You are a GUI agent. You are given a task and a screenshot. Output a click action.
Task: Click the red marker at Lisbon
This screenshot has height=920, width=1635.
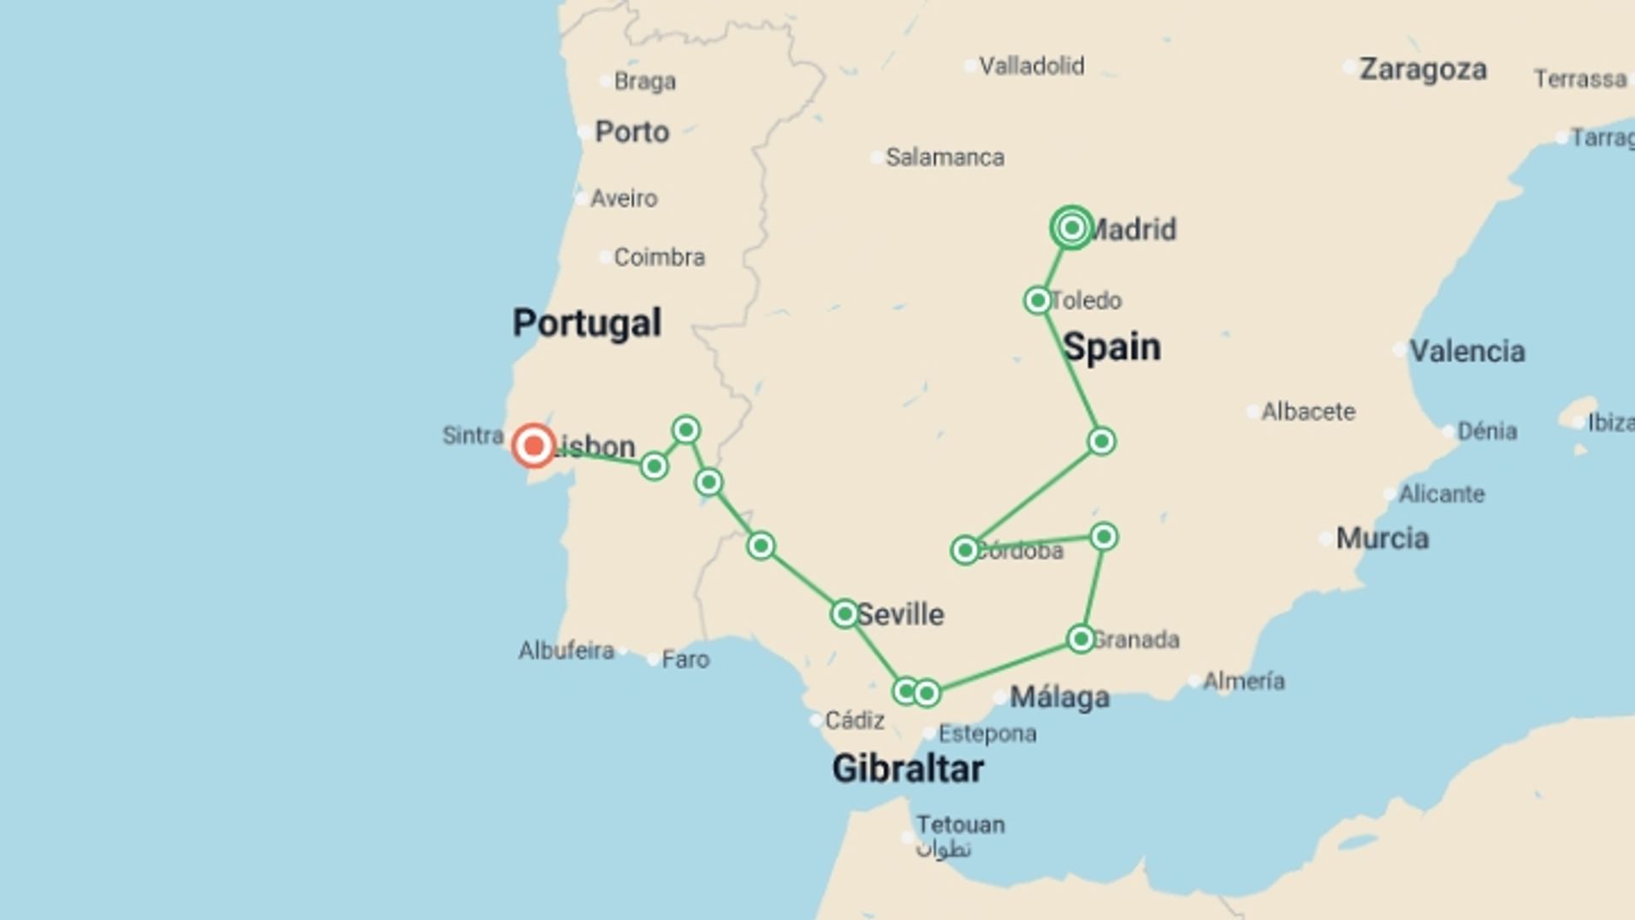tap(534, 446)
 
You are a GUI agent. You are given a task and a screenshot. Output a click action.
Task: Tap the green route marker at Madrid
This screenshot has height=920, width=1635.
tap(1071, 227)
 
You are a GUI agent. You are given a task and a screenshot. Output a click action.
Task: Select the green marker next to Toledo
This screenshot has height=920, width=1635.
tap(1037, 300)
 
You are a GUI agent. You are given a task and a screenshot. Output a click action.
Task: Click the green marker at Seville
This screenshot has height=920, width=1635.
tap(844, 613)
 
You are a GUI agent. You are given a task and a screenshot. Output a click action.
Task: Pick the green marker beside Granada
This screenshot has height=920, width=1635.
tap(1081, 639)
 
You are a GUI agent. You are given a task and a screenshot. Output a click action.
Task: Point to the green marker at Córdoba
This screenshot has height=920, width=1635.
tap(965, 550)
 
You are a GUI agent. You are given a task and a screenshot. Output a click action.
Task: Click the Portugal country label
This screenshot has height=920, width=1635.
tap(587, 323)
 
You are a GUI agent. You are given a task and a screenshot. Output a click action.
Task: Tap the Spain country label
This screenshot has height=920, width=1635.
tap(1111, 347)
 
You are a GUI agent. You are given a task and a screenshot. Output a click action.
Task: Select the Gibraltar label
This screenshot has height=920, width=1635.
tap(908, 768)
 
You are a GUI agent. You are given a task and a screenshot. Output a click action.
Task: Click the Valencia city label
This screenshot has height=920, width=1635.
tap(1466, 351)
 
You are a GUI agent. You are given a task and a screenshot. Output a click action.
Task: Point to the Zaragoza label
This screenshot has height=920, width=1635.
tap(1422, 69)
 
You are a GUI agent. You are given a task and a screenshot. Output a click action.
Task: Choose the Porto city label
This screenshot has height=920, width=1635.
tap(631, 132)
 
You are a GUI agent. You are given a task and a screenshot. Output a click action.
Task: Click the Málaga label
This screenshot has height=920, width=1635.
tap(1059, 698)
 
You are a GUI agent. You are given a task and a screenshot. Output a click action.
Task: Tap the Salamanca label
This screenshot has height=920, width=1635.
tap(944, 158)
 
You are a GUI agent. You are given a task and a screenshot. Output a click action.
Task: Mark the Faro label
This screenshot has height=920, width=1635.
tap(685, 659)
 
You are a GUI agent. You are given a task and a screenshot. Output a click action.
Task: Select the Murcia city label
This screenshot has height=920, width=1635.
tap(1382, 538)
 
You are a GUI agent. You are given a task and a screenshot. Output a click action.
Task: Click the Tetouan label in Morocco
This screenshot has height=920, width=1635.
tap(960, 825)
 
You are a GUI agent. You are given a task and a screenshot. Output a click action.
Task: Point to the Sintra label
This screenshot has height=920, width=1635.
tap(473, 435)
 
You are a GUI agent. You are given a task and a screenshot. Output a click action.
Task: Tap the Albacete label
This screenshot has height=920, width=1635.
tap(1308, 412)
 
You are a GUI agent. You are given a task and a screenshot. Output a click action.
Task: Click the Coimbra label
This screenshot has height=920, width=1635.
tap(659, 257)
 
